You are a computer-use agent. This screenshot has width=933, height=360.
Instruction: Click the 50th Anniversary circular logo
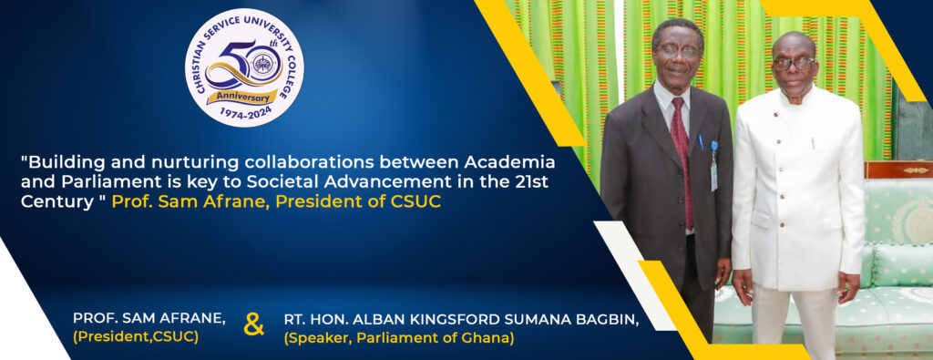coord(244,67)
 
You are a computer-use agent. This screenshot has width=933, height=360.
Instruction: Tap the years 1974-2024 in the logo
coord(244,111)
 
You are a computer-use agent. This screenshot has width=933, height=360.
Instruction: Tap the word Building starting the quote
coord(63,161)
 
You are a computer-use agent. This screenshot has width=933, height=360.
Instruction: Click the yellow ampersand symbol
coord(254,326)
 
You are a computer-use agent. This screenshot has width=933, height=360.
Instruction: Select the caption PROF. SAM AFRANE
coord(149,318)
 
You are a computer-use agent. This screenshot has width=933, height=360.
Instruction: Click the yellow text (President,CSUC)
coord(136,337)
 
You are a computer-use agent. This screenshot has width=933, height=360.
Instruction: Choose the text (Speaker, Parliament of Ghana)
coord(399,338)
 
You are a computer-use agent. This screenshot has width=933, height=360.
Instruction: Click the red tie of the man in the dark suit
coord(682,160)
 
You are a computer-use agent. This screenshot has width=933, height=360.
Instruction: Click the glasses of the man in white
coord(794,63)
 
